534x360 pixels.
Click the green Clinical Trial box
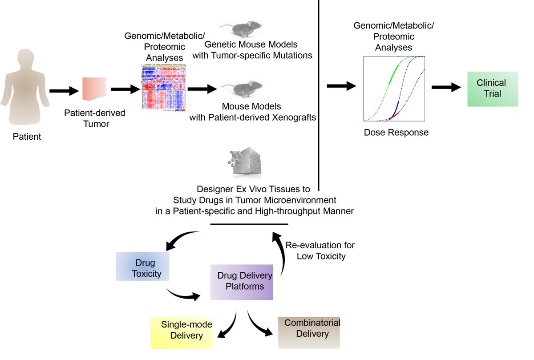pos(492,89)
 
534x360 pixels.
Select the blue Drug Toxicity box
pos(142,267)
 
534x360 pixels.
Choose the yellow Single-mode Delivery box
pos(182,332)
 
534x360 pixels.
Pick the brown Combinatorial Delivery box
pos(309,332)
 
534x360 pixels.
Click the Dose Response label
pos(396,132)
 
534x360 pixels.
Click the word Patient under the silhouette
pos(27,137)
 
